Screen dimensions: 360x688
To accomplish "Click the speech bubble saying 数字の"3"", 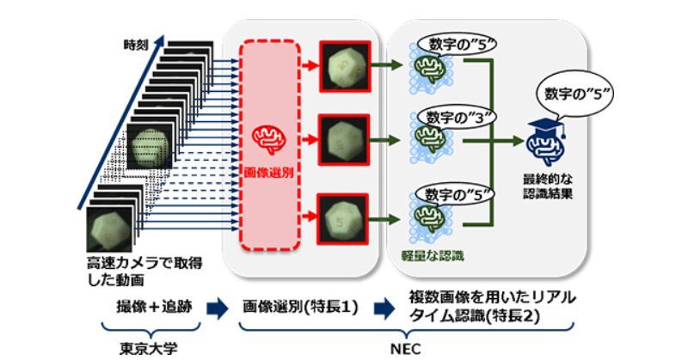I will click(455, 115).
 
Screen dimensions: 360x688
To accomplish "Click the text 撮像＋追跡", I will click(144, 307).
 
